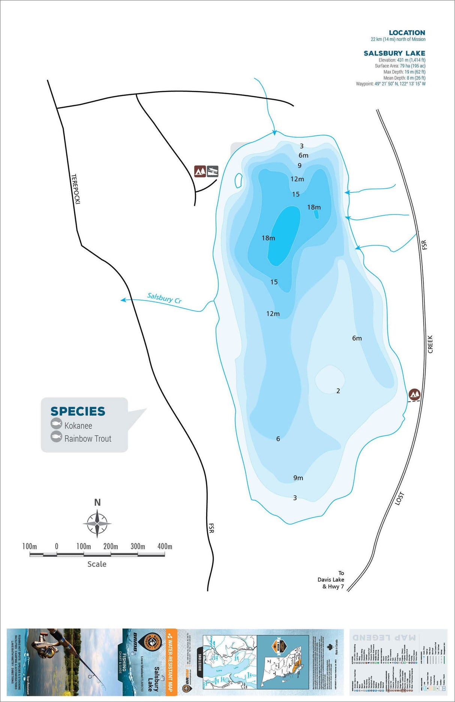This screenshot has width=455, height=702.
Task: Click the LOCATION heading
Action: click(x=407, y=33)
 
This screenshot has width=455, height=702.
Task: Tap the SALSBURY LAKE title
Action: click(x=394, y=53)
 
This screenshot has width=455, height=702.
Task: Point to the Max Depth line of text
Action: click(x=404, y=72)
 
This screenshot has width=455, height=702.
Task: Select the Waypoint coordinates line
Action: click(x=391, y=84)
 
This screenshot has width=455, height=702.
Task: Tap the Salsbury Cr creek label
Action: click(x=164, y=298)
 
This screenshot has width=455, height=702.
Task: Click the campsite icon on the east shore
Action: click(x=414, y=394)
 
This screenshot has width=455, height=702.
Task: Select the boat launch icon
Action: click(x=213, y=171)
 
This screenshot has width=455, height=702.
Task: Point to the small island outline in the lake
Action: click(x=238, y=180)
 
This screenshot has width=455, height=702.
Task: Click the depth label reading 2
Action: click(x=338, y=391)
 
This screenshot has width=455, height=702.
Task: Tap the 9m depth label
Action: click(x=298, y=478)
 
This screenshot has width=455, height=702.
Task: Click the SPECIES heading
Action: click(x=78, y=411)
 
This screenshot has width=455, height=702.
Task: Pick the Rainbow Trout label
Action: click(x=88, y=439)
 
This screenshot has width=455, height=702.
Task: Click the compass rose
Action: click(x=97, y=523)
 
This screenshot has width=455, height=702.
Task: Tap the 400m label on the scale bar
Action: click(x=165, y=546)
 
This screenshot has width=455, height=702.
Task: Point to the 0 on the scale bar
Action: click(x=57, y=546)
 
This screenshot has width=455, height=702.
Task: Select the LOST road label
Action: click(x=400, y=498)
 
